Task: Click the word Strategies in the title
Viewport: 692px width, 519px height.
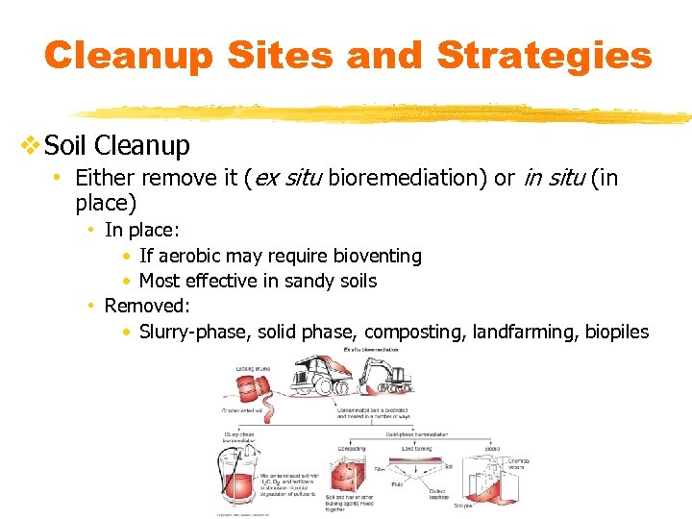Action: click(x=544, y=55)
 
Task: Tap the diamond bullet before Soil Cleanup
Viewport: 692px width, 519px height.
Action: click(x=31, y=146)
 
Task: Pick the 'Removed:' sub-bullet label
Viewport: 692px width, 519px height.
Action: click(x=147, y=306)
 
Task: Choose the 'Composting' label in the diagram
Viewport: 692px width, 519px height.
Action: click(x=351, y=448)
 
